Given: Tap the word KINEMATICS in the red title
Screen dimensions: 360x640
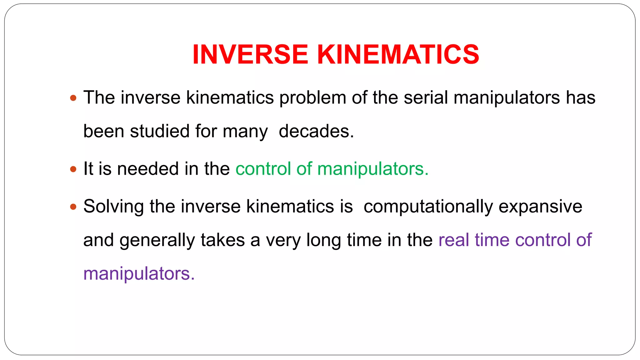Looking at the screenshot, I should coord(398,54).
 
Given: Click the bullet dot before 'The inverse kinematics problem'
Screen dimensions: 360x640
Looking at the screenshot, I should coord(73,98).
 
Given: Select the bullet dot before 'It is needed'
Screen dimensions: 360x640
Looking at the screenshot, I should coord(73,169).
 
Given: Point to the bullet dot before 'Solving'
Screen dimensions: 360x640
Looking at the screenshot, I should coord(73,207).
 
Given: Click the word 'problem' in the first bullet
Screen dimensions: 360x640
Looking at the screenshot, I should coord(312,98).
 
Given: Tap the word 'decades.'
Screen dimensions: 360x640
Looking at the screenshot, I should coord(316,131).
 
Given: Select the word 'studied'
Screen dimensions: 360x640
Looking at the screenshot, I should coord(160,131).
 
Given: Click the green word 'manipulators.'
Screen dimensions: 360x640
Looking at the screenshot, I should coord(373,169).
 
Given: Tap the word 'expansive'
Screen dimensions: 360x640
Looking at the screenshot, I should coord(540,207).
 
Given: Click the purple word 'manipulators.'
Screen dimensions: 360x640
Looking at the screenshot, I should coord(139,274).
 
